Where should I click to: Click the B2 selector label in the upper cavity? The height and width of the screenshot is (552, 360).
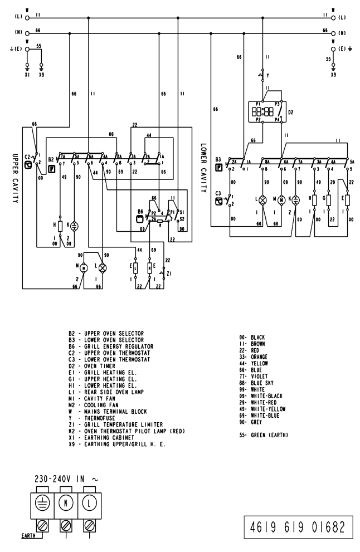pyautogui.click(x=51, y=159)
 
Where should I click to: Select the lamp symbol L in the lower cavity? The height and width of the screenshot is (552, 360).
pyautogui.click(x=264, y=199)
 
